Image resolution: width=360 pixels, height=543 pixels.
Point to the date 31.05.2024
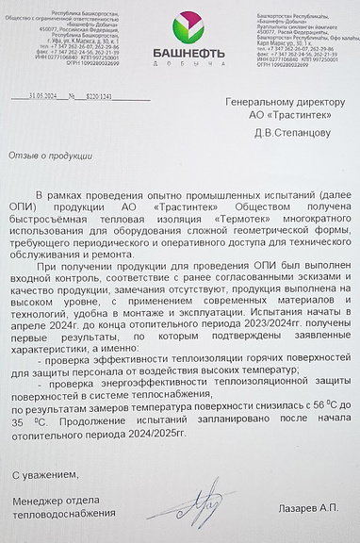pyautogui.click(x=43, y=96)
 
